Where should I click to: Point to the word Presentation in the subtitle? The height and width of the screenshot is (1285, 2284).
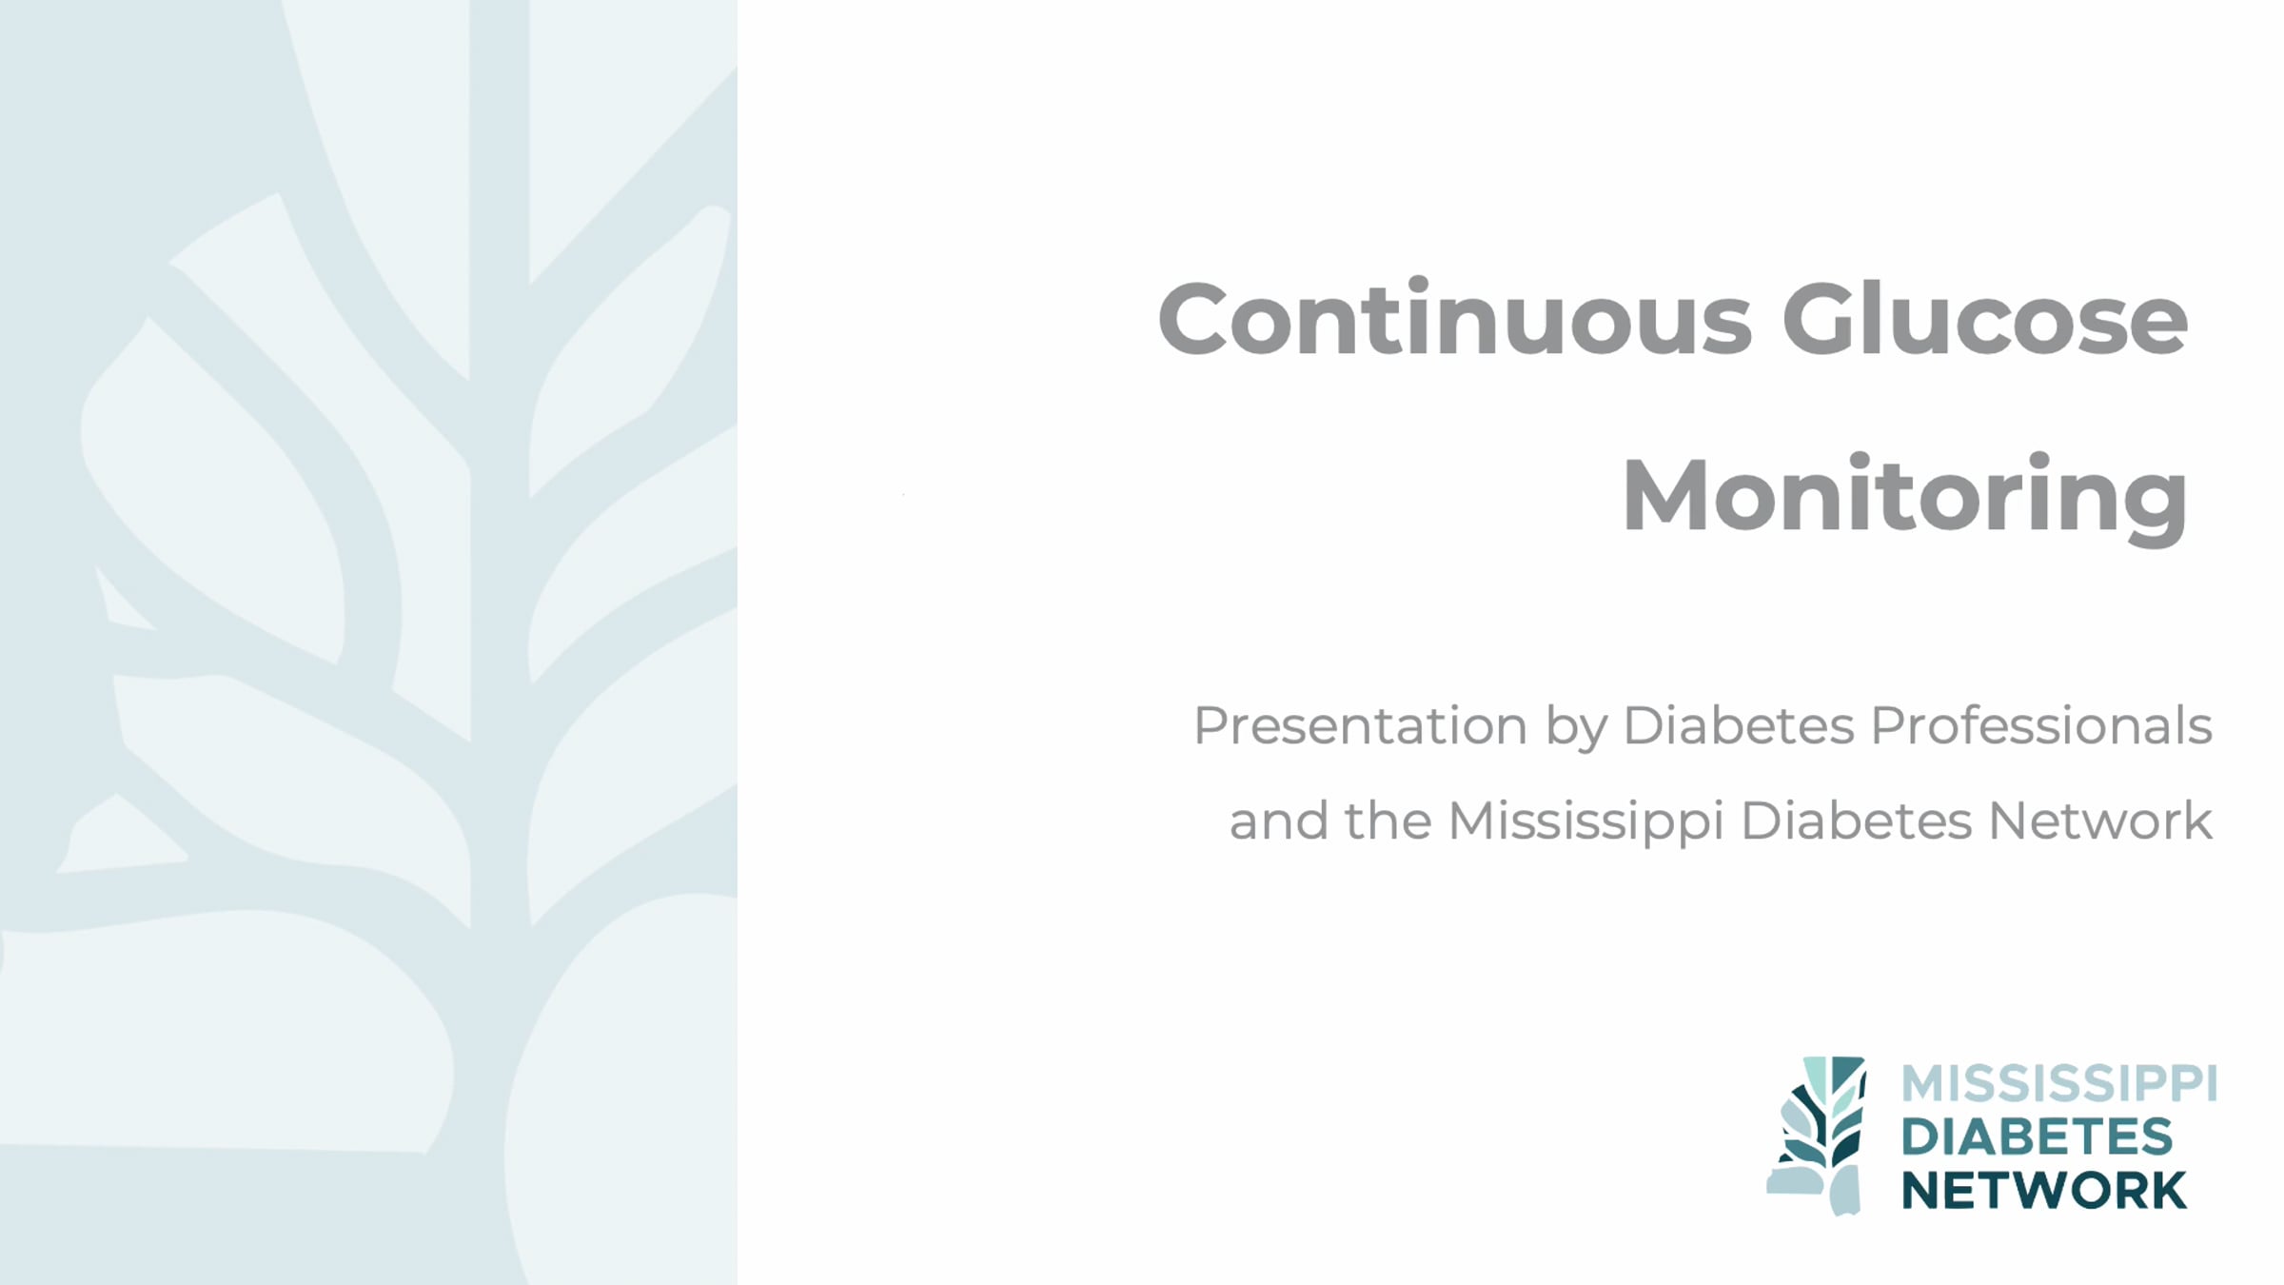click(x=1361, y=725)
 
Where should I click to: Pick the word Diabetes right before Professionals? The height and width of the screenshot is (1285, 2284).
click(x=1739, y=725)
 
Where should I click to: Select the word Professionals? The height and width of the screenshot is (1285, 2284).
click(x=2041, y=725)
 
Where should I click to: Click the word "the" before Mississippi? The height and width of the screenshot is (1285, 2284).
click(x=1388, y=820)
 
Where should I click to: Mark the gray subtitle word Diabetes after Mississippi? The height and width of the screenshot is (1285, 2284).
click(x=1856, y=820)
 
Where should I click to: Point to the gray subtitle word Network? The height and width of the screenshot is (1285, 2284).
click(x=2100, y=820)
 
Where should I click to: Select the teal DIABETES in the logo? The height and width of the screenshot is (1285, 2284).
click(x=2038, y=1137)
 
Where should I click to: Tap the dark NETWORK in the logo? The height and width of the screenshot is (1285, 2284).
click(x=2044, y=1191)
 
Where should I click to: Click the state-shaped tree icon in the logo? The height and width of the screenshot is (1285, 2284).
click(x=1817, y=1136)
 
